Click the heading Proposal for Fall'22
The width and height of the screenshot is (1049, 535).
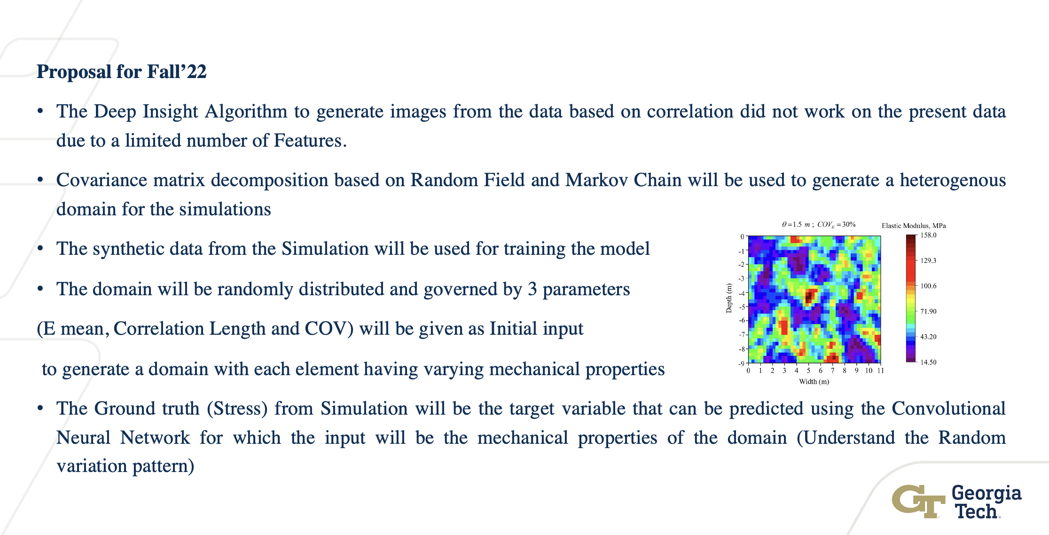(122, 72)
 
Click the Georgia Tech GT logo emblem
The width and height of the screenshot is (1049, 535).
(918, 501)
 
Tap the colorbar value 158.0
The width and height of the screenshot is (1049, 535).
(928, 235)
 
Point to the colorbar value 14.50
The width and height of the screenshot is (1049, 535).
(928, 362)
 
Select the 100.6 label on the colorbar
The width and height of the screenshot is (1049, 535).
(928, 286)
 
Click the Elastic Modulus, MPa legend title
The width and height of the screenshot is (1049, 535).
(914, 226)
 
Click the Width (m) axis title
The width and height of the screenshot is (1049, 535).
(814, 381)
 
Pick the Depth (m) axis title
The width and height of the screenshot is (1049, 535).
(729, 298)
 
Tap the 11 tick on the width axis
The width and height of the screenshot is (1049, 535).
(880, 370)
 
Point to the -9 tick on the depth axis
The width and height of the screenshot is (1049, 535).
(741, 363)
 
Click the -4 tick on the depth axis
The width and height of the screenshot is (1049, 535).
(741, 293)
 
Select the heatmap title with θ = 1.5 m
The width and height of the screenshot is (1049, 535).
(819, 225)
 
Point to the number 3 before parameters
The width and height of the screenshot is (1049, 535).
(532, 290)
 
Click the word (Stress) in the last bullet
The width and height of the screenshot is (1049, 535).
(237, 409)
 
